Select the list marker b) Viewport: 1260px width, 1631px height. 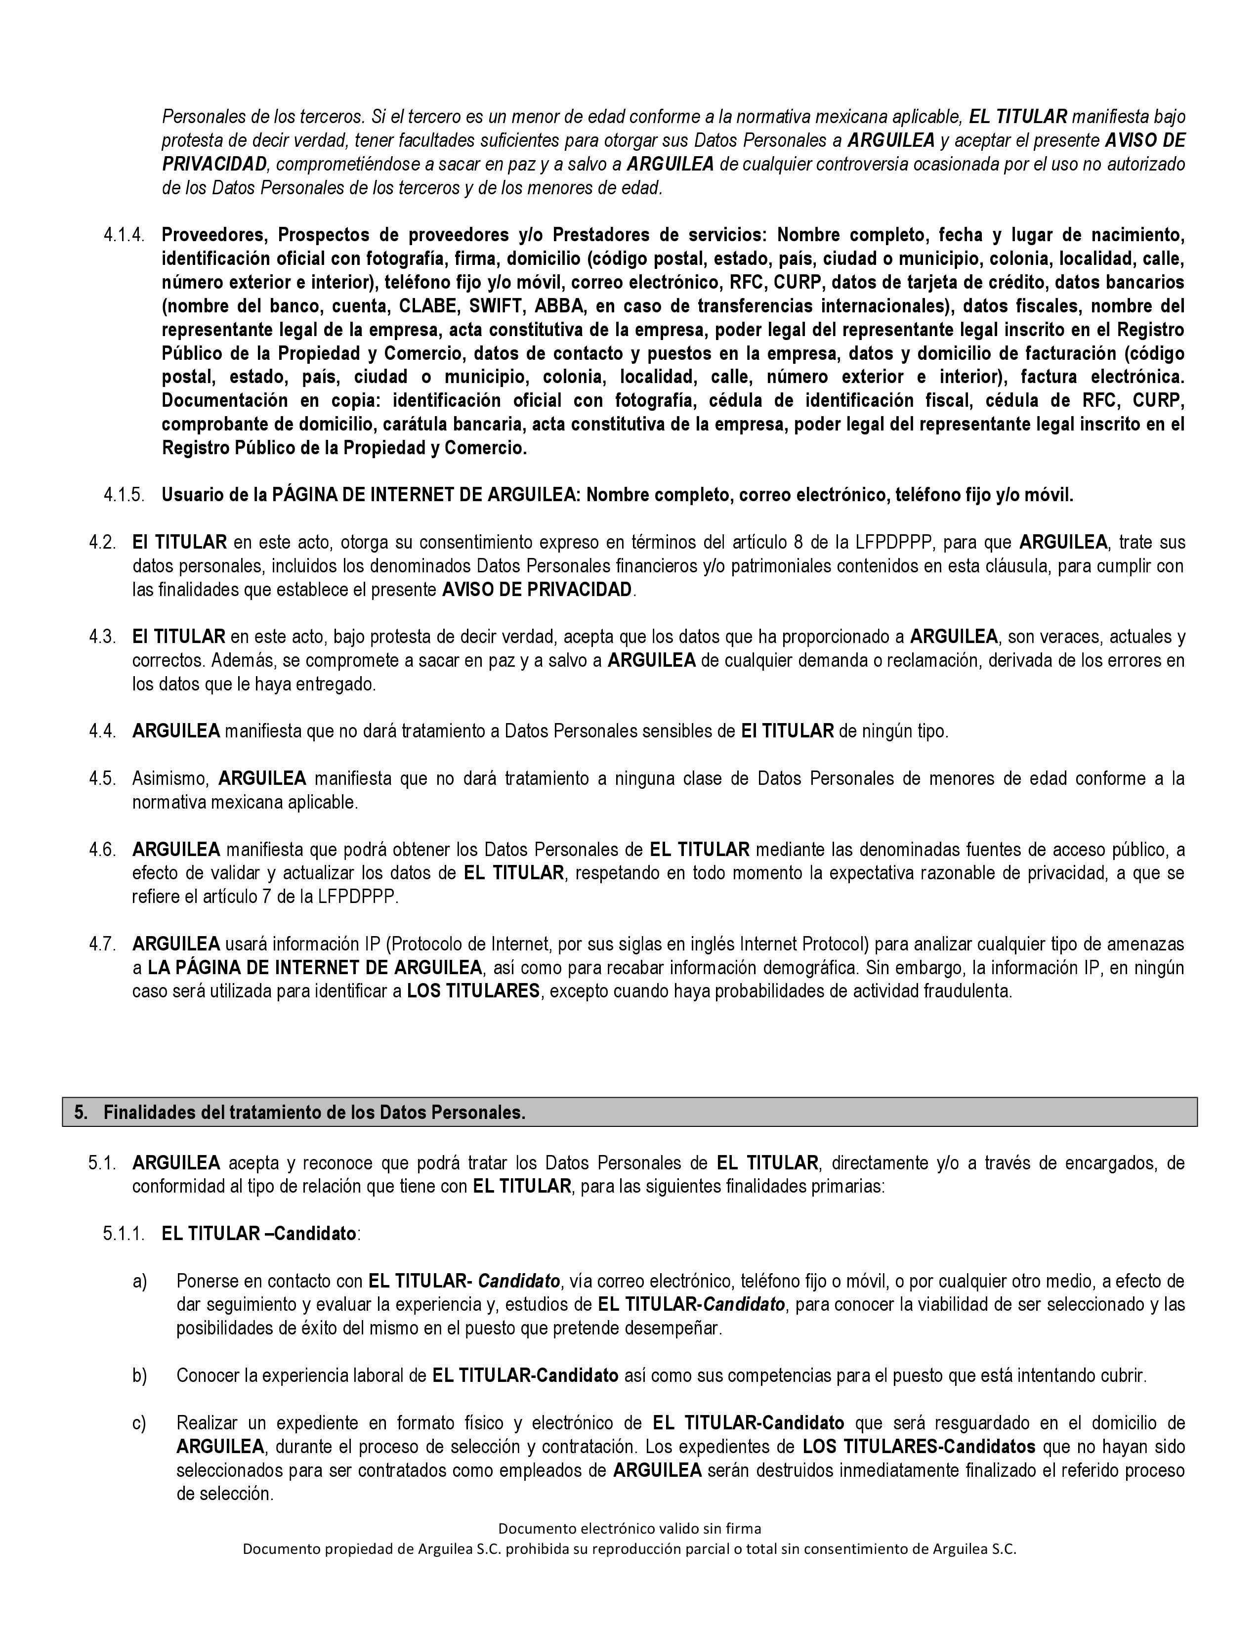139,1375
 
